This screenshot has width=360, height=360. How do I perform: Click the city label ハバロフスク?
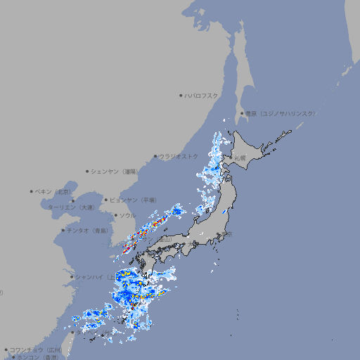(x=202, y=95)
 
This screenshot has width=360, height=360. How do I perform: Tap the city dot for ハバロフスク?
(x=181, y=95)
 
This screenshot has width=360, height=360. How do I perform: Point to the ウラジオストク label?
(x=179, y=156)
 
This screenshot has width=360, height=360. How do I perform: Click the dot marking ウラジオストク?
(x=156, y=156)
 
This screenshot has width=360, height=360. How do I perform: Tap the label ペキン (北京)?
(x=54, y=191)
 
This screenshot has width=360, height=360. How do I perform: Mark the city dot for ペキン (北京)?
(x=32, y=191)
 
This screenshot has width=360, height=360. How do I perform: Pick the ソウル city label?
(x=127, y=215)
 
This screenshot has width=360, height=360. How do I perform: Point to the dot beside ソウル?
(x=115, y=215)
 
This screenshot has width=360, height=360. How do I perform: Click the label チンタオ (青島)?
(x=87, y=230)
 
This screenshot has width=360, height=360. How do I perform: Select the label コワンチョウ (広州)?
(x=36, y=349)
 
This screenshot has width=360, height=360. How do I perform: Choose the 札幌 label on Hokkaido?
(x=240, y=157)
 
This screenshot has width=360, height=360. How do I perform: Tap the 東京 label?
(x=226, y=234)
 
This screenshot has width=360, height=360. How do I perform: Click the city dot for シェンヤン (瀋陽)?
(x=87, y=171)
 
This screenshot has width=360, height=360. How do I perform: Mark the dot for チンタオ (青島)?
(x=63, y=230)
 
